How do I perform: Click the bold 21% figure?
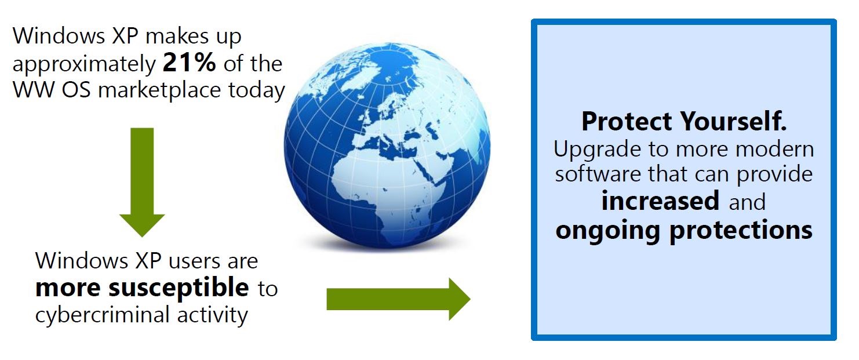pos(189,63)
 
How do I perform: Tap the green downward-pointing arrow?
pos(142,182)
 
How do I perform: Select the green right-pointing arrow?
pos(398,299)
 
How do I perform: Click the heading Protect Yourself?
pos(684,121)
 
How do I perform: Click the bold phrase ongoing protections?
pos(684,231)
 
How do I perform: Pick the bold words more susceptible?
pos(142,288)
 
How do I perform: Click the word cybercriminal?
pos(103,315)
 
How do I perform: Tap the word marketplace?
pos(159,91)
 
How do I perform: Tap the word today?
pos(257,91)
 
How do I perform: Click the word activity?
pos(213,316)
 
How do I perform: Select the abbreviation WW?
pos(33,90)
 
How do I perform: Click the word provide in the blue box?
pos(774,175)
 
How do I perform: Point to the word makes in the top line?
pos(177,36)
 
